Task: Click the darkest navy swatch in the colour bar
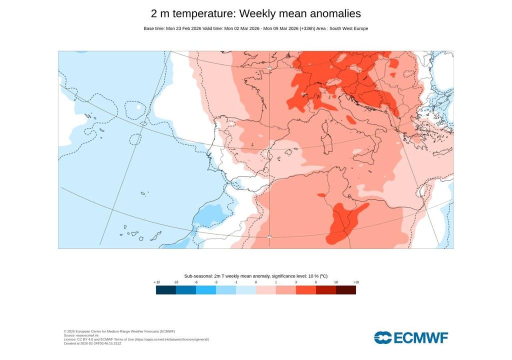tap(165, 289)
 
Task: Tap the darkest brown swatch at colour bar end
tap(345, 289)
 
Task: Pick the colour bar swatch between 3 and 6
tap(305, 289)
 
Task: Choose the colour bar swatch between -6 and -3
tap(205, 289)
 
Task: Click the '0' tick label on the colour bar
tap(256, 282)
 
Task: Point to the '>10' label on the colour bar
tap(355, 282)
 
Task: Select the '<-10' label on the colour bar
tap(156, 282)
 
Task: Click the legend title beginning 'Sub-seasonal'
tap(255, 276)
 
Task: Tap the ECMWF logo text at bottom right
tap(411, 337)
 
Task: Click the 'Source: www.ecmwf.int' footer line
tap(81, 335)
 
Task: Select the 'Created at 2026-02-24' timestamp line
tap(92, 343)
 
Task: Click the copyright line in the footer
tap(119, 331)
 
